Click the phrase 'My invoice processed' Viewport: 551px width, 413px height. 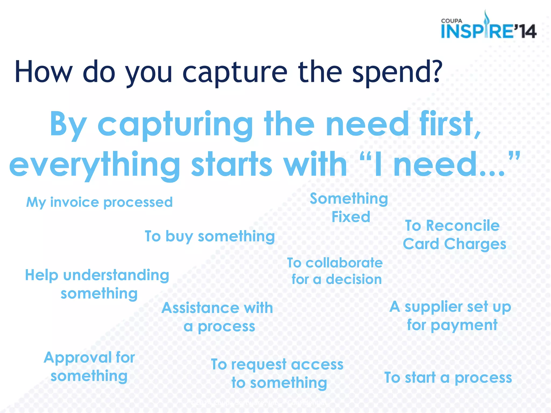[99, 202]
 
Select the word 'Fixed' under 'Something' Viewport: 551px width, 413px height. [351, 217]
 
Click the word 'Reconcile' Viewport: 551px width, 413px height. [463, 225]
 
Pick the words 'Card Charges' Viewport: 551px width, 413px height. [454, 244]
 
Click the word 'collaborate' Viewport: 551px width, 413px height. [344, 263]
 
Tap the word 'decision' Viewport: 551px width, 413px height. [354, 279]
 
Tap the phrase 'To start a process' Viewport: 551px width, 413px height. [448, 378]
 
